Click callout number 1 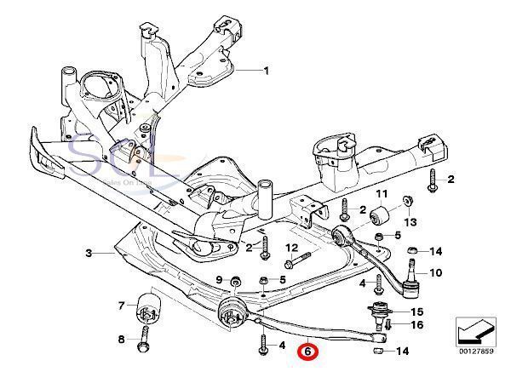tap(265, 71)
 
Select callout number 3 tap(89, 254)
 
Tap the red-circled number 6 tap(307, 351)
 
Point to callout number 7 tap(121, 306)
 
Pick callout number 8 tap(121, 340)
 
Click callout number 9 tap(219, 280)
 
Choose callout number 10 tap(436, 273)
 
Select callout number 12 tap(290, 249)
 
